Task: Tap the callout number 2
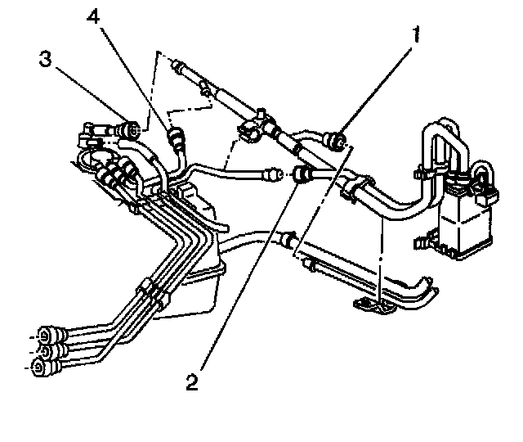tap(193, 381)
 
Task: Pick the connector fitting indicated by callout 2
tap(302, 174)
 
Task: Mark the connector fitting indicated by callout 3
tap(128, 129)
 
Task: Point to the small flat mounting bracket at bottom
tap(375, 304)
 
